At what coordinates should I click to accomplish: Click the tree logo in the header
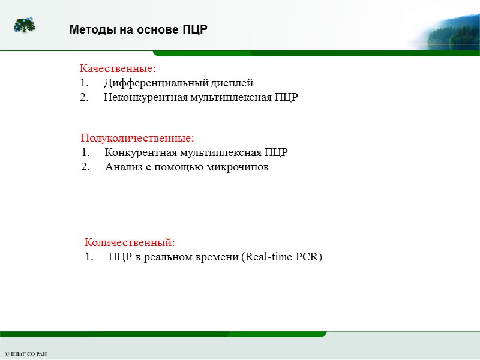[25, 26]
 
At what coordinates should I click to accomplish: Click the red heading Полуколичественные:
[137, 139]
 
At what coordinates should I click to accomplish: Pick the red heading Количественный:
[130, 242]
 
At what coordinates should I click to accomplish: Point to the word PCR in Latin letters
[310, 257]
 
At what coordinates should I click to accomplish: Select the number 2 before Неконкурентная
[83, 97]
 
